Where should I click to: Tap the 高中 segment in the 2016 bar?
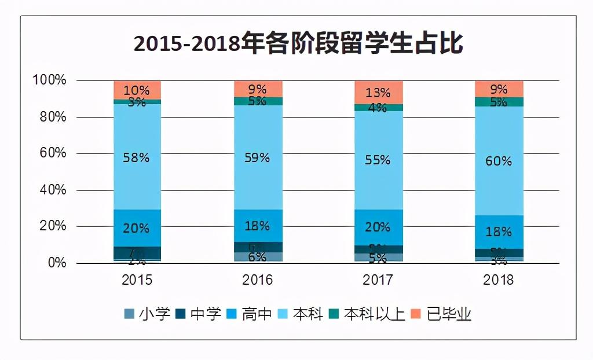[x=258, y=225]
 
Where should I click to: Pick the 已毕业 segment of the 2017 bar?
[x=378, y=92]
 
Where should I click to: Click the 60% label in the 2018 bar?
[x=499, y=161]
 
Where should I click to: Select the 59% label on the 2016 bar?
[x=258, y=157]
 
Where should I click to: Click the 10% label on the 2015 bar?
[x=137, y=90]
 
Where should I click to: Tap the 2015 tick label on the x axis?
[x=137, y=280]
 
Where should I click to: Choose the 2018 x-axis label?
[x=499, y=280]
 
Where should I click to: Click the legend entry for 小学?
[x=148, y=314]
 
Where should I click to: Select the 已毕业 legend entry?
[x=442, y=314]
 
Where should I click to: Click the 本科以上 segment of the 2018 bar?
[x=499, y=102]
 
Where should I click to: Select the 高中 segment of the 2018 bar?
[x=499, y=232]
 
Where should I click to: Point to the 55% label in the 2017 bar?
[x=378, y=160]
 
